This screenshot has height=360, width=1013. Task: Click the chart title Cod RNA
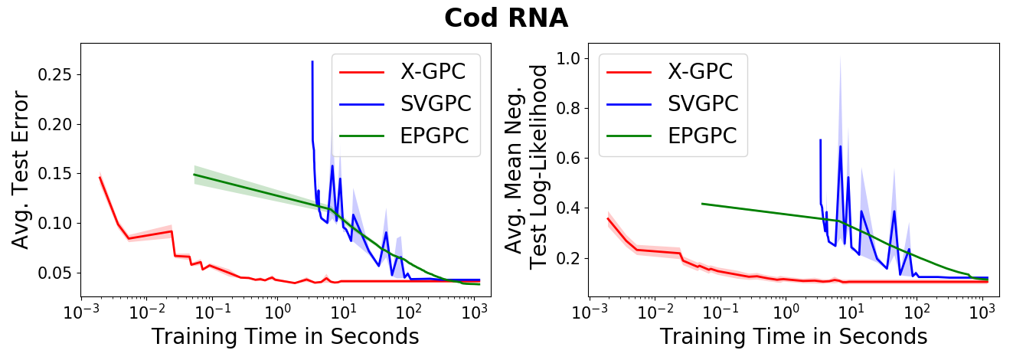[506, 18]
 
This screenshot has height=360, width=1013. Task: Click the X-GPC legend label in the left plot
[433, 72]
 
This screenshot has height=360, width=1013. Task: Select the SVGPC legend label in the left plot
[434, 103]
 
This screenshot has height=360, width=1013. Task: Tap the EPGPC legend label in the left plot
[434, 136]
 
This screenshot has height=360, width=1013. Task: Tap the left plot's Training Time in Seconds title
[285, 337]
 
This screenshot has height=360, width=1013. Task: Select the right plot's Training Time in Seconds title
[793, 337]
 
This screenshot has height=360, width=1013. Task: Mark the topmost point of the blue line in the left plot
[312, 61]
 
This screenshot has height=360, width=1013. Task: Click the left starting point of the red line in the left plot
[100, 177]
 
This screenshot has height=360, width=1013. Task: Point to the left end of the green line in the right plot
[702, 204]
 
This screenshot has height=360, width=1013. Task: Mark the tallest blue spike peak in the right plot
[840, 146]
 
